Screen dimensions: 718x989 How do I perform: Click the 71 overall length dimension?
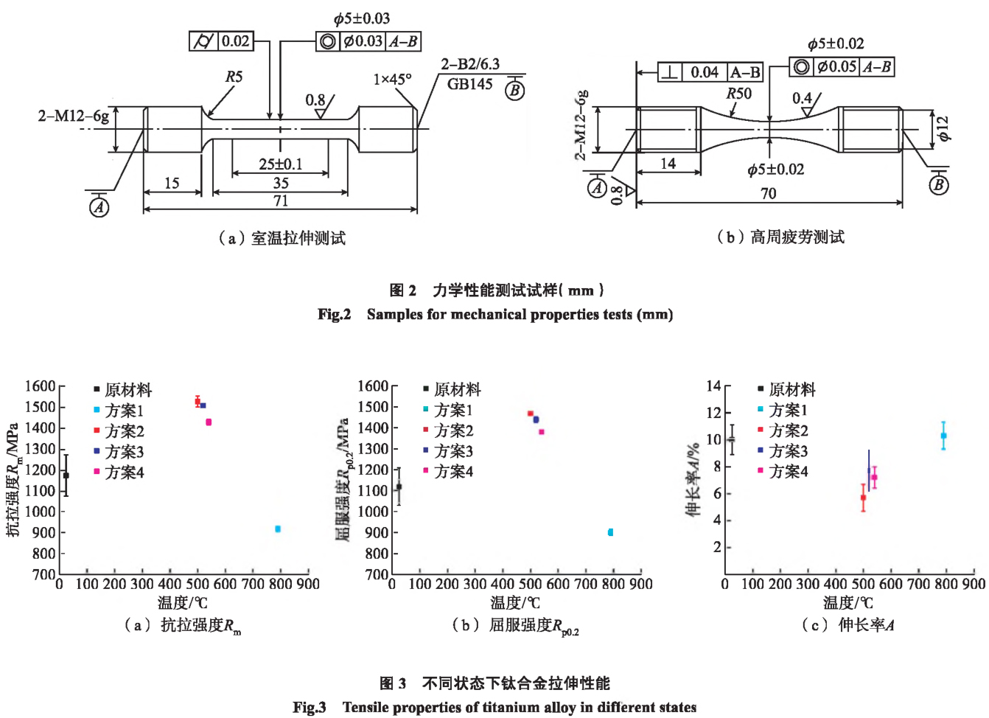280,201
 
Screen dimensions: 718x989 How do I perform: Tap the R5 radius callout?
234,77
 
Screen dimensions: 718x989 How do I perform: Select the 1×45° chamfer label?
392,79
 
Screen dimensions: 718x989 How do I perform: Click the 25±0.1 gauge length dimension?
280,164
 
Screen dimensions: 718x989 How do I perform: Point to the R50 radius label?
738,94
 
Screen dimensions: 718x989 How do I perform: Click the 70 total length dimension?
768,193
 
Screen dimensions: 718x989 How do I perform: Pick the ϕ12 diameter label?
943,128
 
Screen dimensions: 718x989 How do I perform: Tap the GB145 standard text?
469,84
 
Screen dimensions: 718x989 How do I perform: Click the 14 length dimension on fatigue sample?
668,164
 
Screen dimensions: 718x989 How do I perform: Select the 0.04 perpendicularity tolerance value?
705,72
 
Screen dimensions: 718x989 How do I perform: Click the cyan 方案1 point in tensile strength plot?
278,529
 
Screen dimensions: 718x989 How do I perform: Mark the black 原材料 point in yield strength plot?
399,487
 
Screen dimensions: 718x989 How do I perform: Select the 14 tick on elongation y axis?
713,386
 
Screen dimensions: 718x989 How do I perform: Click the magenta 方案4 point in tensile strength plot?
209,422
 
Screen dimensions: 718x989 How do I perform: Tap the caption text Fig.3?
310,707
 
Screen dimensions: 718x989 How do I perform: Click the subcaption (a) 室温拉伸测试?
282,237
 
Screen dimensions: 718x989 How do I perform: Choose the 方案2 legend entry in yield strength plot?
452,430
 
